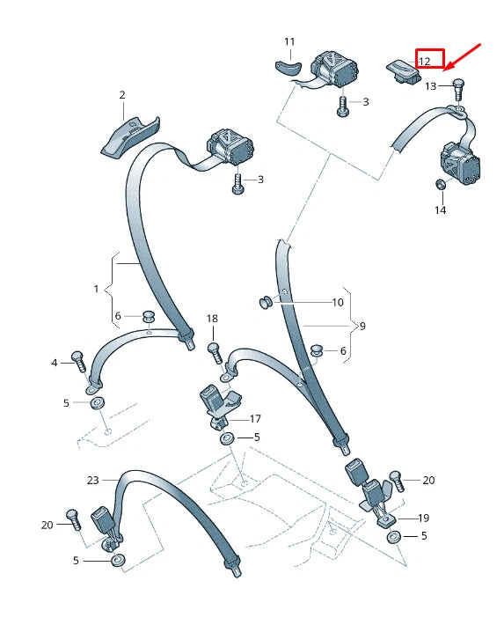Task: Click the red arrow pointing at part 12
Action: click(x=464, y=56)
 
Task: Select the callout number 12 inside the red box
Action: click(x=424, y=61)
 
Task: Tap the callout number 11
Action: click(x=289, y=41)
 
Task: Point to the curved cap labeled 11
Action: click(x=289, y=68)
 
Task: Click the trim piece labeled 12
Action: click(x=403, y=72)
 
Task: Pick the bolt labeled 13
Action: click(x=457, y=90)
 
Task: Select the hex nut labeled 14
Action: click(x=441, y=184)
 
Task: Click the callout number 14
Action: click(x=440, y=210)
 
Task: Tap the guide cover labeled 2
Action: click(x=130, y=137)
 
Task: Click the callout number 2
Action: click(x=122, y=95)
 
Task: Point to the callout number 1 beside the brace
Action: click(x=96, y=289)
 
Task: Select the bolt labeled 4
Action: click(x=78, y=362)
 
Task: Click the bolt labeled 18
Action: click(x=215, y=353)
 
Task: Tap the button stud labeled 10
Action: click(x=266, y=302)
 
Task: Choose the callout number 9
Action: click(x=362, y=326)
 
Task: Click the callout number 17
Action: click(x=255, y=419)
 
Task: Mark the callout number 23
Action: click(x=93, y=481)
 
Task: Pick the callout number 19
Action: click(x=424, y=518)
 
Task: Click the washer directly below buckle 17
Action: click(x=228, y=439)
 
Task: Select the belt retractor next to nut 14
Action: click(x=460, y=165)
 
